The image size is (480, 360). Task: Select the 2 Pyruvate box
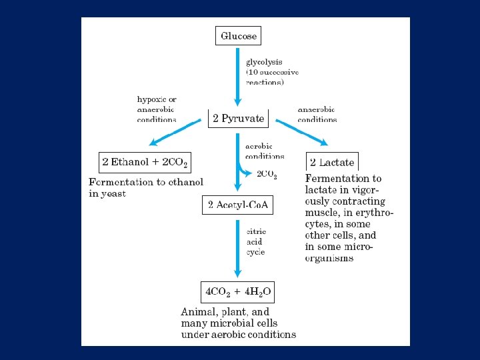(x=238, y=119)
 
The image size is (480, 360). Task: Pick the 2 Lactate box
(x=332, y=162)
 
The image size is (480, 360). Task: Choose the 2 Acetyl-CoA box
(x=237, y=205)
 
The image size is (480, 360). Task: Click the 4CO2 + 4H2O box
(x=237, y=291)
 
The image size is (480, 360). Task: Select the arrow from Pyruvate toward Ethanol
(x=175, y=131)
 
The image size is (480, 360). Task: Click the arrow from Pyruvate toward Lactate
(x=301, y=132)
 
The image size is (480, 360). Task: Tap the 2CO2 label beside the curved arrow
(x=267, y=175)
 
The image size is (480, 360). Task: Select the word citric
(x=255, y=231)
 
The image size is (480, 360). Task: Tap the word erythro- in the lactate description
(x=371, y=213)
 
